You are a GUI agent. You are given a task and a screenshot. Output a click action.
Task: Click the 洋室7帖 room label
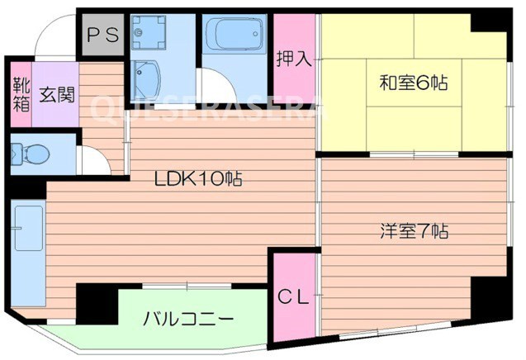[414, 231]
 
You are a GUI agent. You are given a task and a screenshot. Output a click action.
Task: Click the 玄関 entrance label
[56, 92]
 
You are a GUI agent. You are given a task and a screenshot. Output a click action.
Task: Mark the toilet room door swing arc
[92, 159]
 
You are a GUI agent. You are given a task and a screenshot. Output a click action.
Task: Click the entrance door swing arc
[54, 37]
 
